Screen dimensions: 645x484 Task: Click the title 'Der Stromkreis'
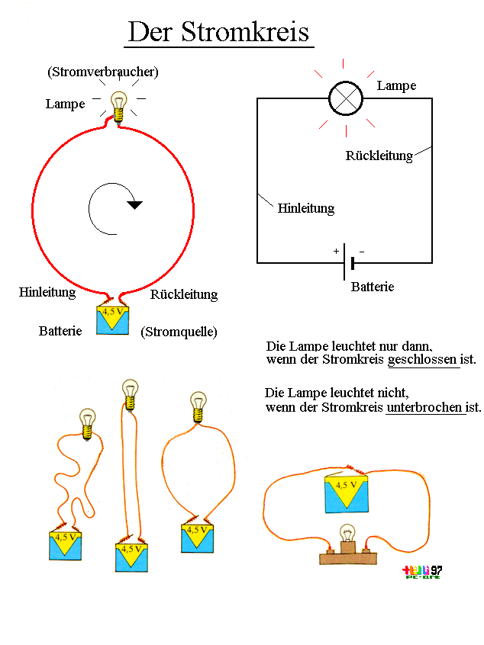coord(218,32)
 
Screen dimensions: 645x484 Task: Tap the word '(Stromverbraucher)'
coord(102,72)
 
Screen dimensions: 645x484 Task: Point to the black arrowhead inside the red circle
coord(135,204)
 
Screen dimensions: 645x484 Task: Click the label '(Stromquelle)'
coord(179,332)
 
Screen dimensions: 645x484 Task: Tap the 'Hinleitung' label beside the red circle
coord(47,292)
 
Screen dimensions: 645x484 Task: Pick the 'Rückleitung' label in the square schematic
coord(379,156)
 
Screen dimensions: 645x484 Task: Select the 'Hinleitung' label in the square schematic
coord(305,207)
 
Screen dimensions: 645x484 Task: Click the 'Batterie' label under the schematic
coord(373,287)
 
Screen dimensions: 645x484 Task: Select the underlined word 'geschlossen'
coord(423,359)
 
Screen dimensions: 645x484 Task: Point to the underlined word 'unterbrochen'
coord(425,407)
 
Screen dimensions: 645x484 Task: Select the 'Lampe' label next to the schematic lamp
coord(396,86)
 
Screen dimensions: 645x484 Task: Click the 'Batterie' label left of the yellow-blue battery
coord(60,332)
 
